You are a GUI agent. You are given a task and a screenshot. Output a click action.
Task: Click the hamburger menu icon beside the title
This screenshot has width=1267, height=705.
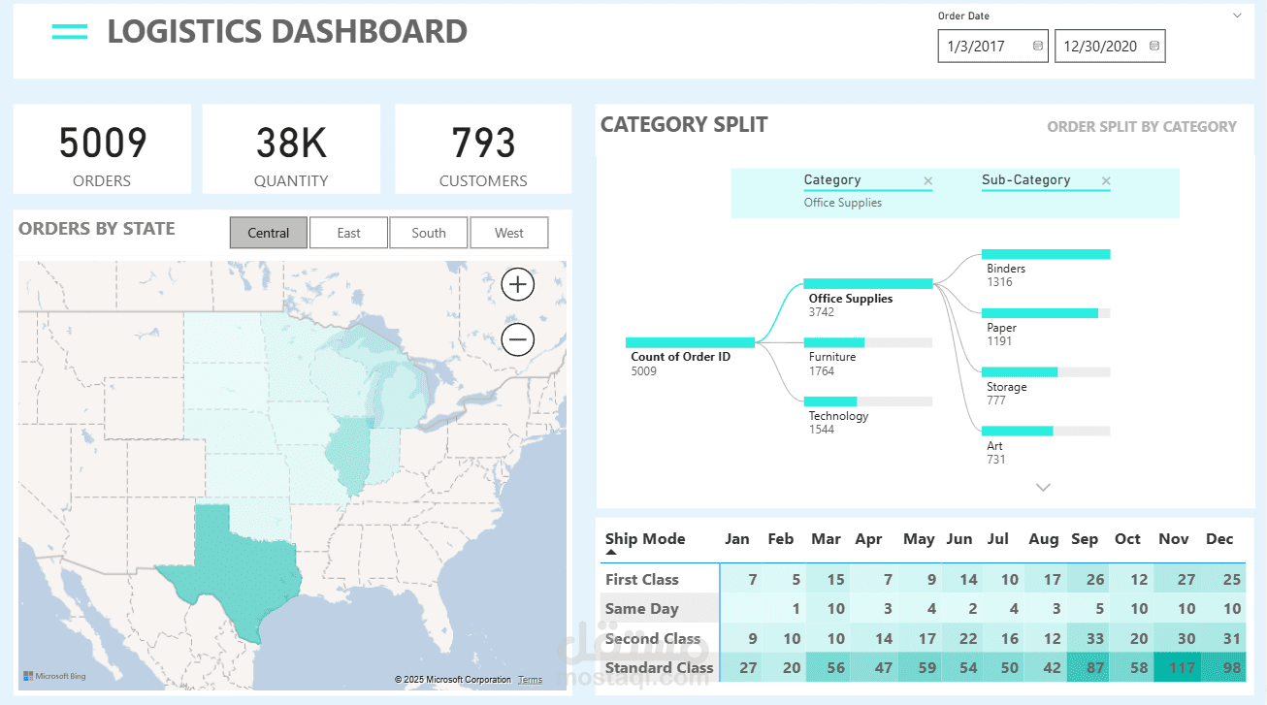[70, 32]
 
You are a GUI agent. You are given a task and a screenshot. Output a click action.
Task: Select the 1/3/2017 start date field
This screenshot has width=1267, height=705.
[983, 46]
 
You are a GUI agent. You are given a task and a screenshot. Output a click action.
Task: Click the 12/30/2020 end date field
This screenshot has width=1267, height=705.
[1100, 46]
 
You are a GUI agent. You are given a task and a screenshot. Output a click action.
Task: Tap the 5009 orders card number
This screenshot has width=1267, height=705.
[102, 144]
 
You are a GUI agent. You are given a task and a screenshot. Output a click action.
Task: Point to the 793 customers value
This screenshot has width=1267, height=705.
[483, 144]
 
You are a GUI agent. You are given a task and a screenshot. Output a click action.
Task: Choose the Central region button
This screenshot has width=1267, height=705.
[269, 233]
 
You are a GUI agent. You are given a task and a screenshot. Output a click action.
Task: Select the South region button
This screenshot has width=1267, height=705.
[428, 233]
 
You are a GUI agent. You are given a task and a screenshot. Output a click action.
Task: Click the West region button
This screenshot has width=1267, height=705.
[508, 233]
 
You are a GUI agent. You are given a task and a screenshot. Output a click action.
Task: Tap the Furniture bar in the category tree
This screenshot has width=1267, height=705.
[834, 342]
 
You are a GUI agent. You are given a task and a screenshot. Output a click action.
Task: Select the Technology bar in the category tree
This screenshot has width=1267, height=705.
[830, 401]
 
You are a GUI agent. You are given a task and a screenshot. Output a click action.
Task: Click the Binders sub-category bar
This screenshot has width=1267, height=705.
[1046, 254]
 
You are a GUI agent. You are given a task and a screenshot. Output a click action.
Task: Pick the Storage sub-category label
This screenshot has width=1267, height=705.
[1006, 387]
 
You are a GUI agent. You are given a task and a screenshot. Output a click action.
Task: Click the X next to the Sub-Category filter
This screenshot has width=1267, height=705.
[1106, 181]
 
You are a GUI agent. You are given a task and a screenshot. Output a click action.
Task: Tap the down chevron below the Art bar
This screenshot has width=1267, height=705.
[1043, 488]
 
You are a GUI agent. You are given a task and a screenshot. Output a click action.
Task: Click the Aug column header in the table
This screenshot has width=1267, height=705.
[1043, 539]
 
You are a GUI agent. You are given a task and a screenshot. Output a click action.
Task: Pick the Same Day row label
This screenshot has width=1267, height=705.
[641, 609]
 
